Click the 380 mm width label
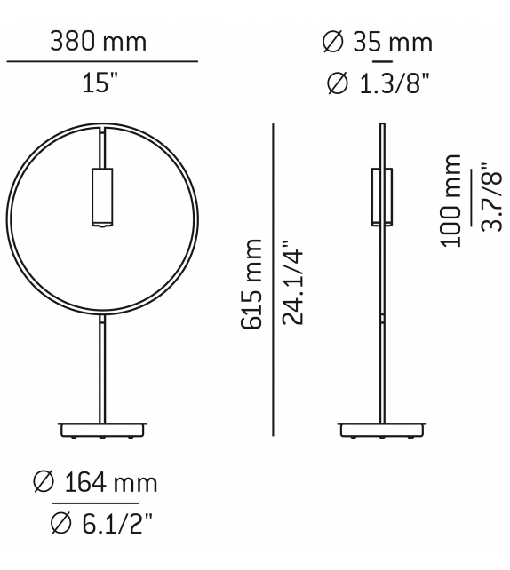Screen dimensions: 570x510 tap(98, 41)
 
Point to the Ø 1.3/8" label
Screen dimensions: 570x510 tap(379, 84)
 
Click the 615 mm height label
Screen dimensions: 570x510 tap(252, 283)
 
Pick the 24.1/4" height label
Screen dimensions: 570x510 tap(294, 283)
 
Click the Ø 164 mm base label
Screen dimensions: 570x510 tap(94, 482)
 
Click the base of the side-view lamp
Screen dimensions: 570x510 tap(382, 430)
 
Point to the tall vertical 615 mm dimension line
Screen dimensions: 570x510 tap(272, 280)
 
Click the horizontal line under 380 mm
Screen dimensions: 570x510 tap(101, 62)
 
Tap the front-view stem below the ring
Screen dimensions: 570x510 tap(103, 373)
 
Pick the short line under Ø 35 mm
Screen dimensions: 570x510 tap(382, 62)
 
